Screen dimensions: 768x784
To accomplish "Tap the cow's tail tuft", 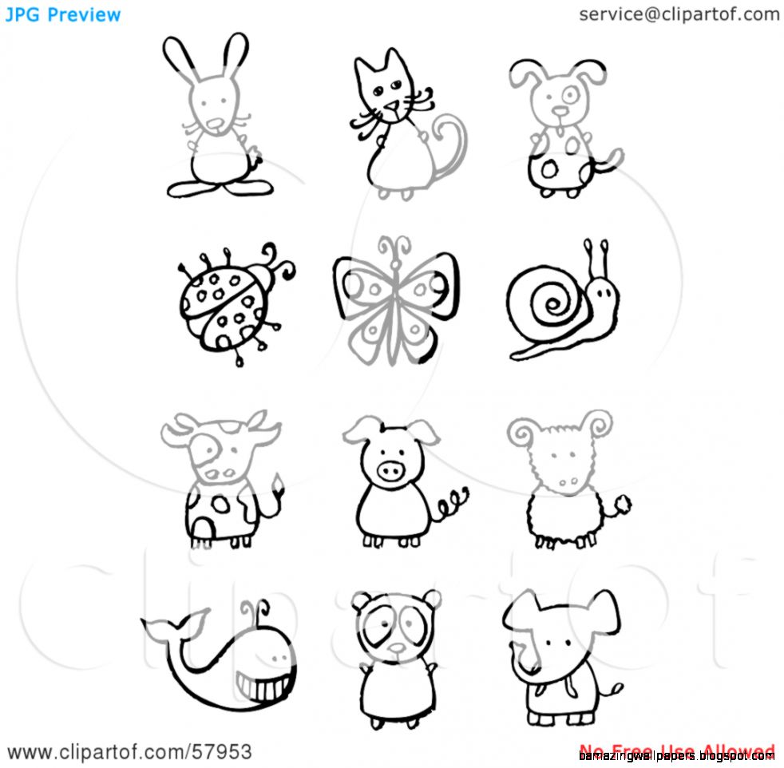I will pos(280,483).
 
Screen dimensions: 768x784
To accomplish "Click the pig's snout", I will pos(391,471).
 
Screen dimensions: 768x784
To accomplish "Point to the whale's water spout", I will pos(255,611).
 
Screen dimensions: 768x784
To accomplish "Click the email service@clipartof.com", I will pos(679,14).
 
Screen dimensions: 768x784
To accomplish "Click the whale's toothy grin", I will pos(263,683).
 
